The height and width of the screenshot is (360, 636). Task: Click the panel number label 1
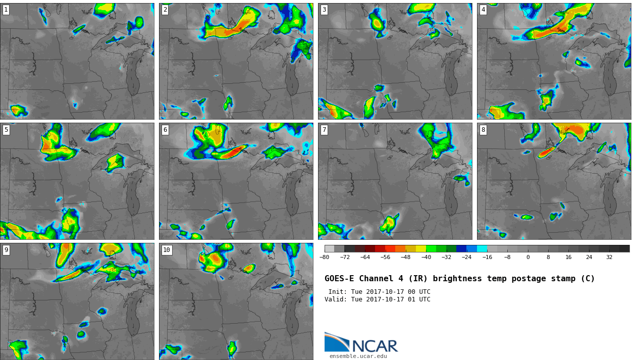(6, 10)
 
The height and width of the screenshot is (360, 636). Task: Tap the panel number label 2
(165, 10)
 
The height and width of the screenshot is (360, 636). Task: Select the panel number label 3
(324, 10)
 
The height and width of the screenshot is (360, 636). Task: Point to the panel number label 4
(483, 10)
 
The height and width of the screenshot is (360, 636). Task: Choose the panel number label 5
(6, 130)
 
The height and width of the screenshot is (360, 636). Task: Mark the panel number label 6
(165, 130)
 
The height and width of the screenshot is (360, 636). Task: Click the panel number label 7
(324, 130)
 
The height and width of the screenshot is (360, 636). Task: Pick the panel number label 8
(483, 130)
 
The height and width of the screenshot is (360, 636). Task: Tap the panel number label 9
(6, 250)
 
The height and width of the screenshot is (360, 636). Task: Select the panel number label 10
(167, 250)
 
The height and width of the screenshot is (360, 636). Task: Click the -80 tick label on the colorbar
(325, 257)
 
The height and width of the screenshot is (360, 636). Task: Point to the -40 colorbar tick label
(426, 257)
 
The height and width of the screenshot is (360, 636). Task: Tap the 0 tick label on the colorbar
(528, 257)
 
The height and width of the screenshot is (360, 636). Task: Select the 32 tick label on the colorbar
(609, 257)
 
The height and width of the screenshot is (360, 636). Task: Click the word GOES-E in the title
(339, 279)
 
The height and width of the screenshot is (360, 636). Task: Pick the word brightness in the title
(457, 279)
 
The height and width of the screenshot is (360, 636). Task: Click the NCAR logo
(361, 343)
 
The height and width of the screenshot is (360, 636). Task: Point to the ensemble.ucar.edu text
(358, 356)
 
